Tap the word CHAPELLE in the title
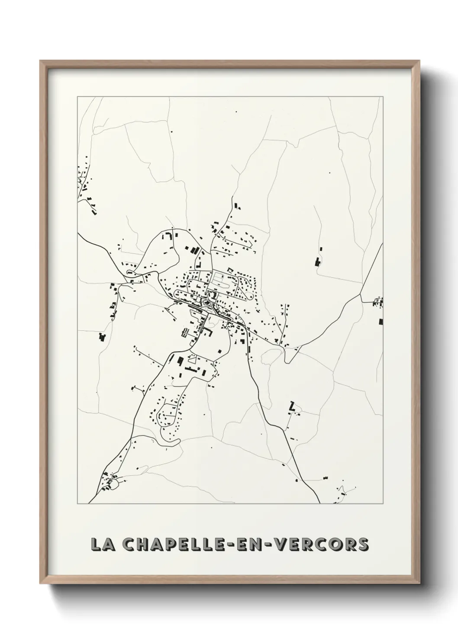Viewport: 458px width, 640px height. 179,544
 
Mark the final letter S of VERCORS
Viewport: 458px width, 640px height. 363,544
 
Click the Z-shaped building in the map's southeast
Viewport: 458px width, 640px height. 292,406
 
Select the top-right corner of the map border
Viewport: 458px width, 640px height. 383,97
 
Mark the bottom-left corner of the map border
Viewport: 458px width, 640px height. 77,504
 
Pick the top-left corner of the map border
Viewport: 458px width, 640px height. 77,97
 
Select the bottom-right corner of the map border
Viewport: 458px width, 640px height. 383,504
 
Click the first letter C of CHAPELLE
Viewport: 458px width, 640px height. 129,544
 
